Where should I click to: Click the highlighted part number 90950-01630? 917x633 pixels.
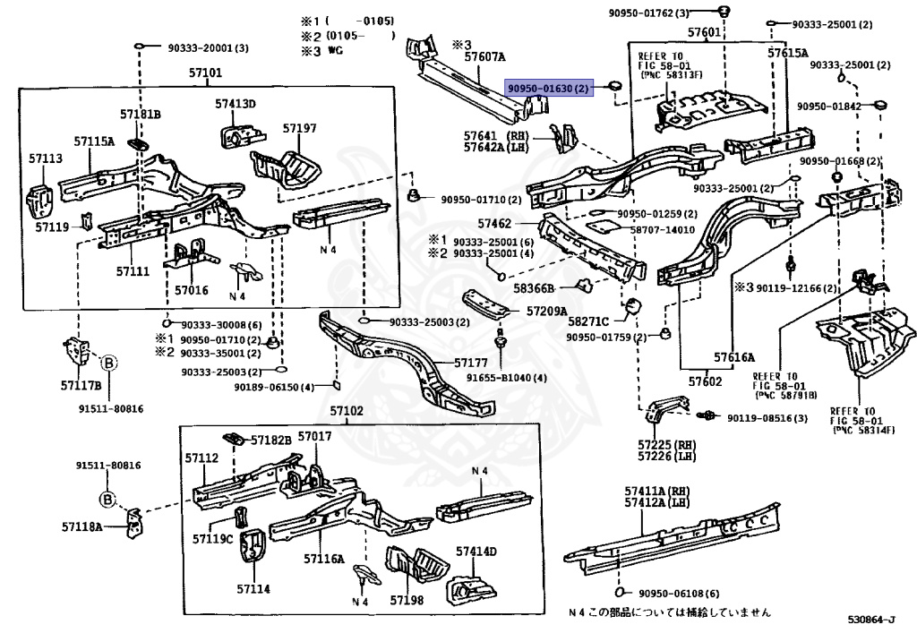[548, 88]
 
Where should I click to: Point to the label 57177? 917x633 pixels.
[471, 363]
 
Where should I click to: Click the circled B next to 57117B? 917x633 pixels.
[108, 363]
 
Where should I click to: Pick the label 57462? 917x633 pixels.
[495, 223]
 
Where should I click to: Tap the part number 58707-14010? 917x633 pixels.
[663, 229]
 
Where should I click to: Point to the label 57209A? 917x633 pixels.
[546, 312]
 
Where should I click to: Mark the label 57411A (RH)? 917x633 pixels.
[657, 492]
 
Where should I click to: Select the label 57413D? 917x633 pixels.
[236, 104]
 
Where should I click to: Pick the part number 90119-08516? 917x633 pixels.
[767, 418]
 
